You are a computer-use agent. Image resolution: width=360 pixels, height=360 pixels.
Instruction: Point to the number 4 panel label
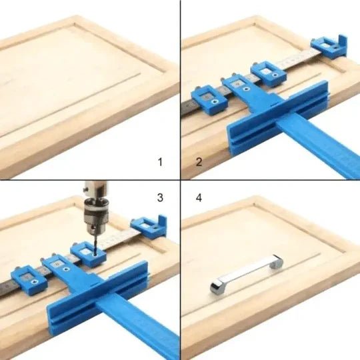point(199,198)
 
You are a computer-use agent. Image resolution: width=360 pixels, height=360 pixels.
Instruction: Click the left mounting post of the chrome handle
point(217,286)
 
